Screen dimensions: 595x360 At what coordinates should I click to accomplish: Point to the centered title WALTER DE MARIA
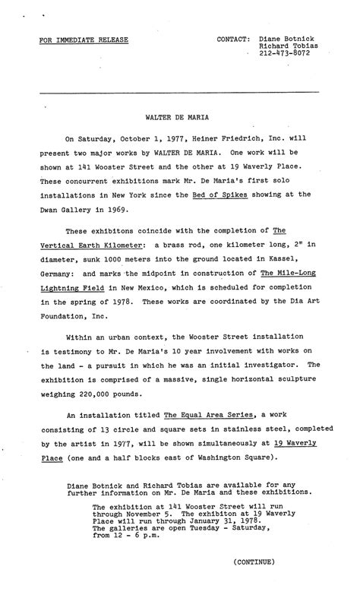[x=178, y=119]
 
